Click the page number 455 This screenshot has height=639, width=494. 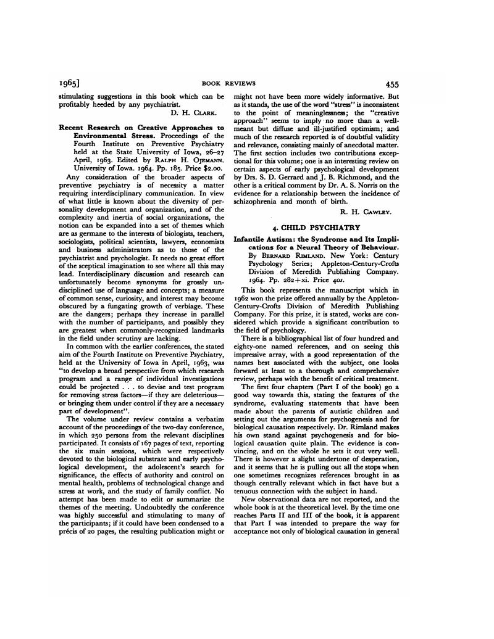394,84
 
